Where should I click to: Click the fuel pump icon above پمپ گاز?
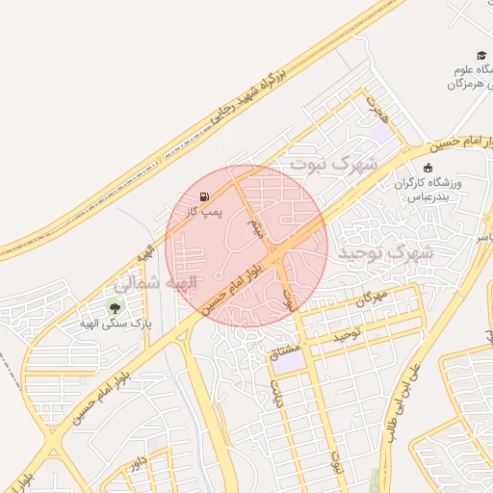coord(203,196)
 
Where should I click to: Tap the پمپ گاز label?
coord(204,210)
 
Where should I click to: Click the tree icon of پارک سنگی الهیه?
coord(116,308)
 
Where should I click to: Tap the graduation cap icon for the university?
coord(480,56)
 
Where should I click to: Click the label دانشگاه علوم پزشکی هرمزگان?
coord(470,77)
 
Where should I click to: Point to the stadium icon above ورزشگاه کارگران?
coord(428,168)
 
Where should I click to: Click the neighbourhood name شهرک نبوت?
coord(336,166)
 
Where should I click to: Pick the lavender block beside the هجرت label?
coord(384,132)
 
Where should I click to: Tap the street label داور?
coord(140,466)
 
